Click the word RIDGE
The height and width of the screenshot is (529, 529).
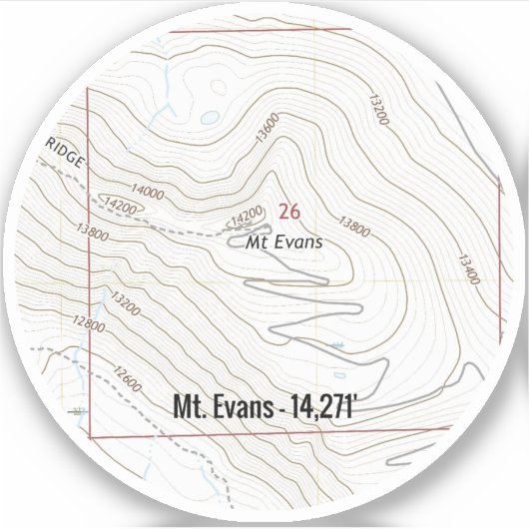point(66,154)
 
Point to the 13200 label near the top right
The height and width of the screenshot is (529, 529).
point(376,107)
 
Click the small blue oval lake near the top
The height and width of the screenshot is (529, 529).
point(209,117)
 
